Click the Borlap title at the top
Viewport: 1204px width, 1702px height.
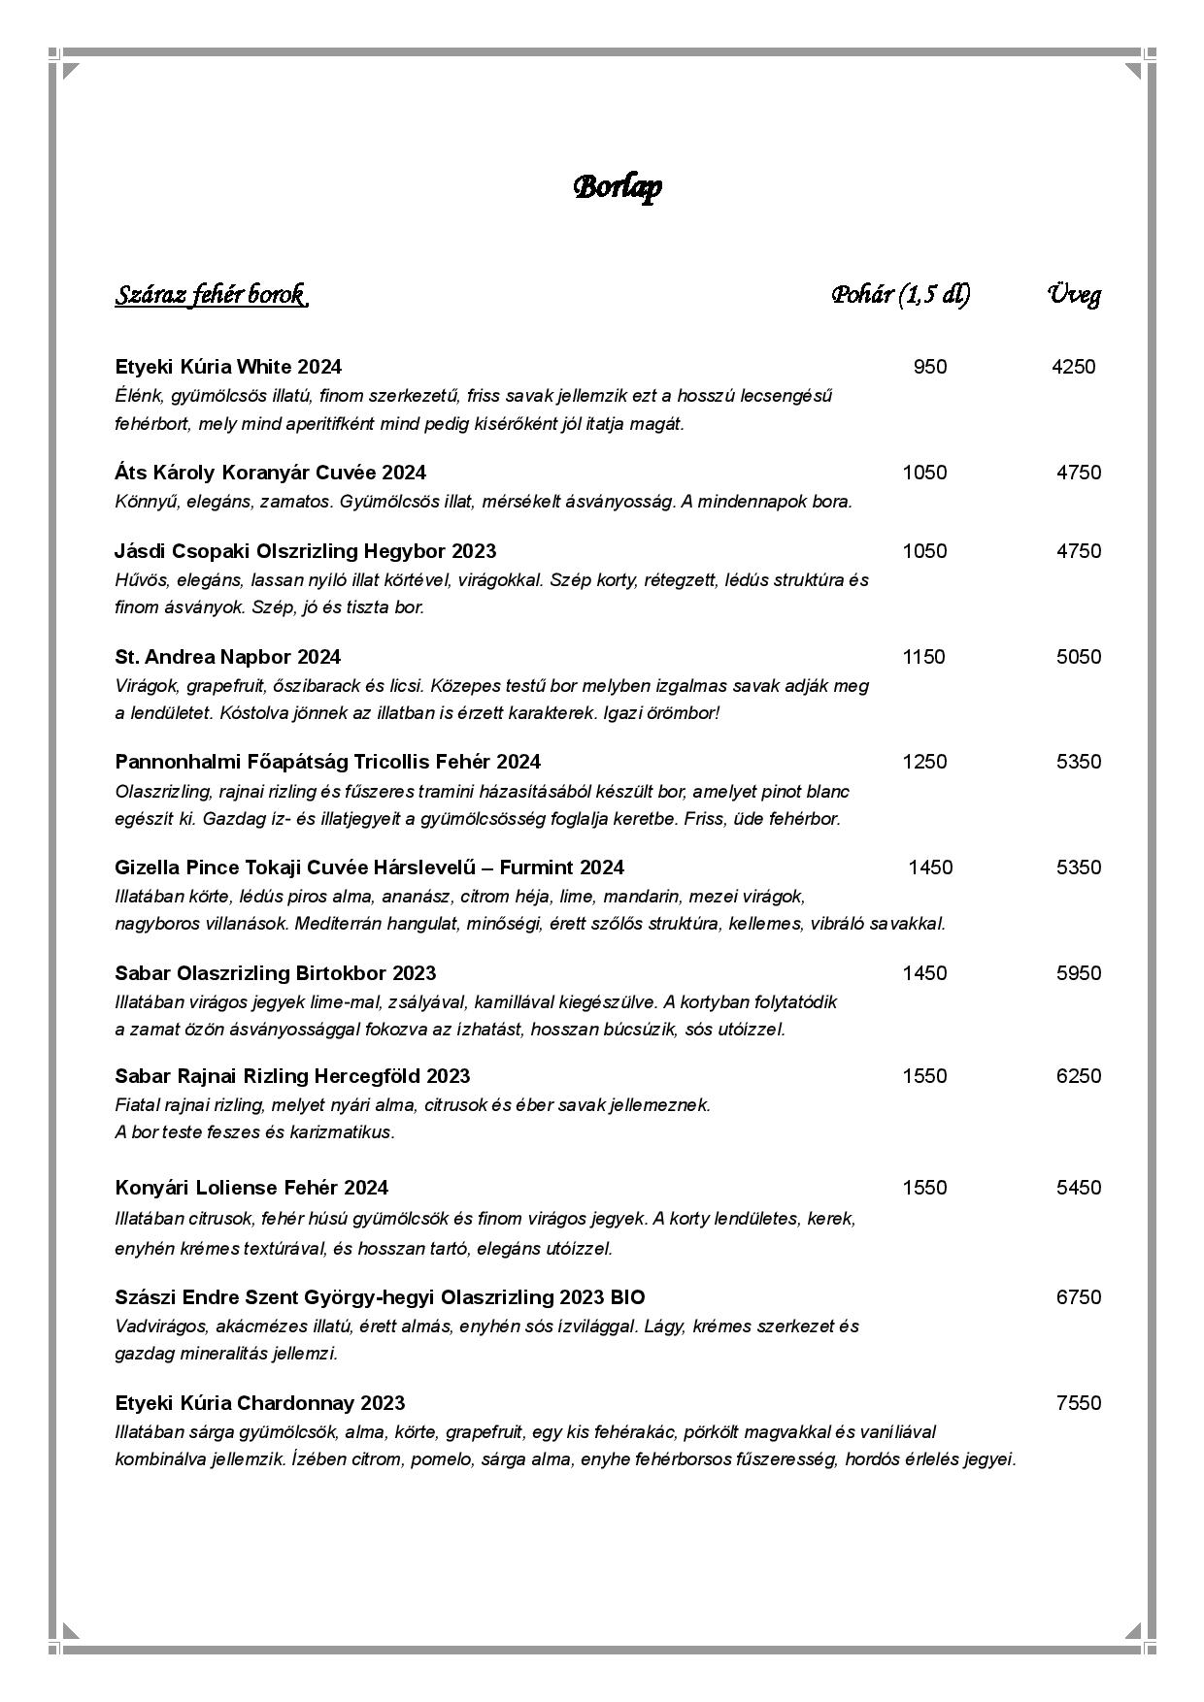(618, 186)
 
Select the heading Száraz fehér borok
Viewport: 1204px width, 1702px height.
(211, 295)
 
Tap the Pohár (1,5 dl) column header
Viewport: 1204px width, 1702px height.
(900, 295)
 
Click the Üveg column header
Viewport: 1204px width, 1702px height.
(1074, 295)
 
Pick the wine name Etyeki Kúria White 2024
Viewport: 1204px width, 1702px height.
(228, 367)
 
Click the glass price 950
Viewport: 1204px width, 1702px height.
(929, 367)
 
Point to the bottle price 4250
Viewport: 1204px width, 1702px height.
(1073, 367)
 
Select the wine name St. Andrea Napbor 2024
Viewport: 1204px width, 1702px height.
(228, 657)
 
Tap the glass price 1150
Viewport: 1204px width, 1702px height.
(923, 657)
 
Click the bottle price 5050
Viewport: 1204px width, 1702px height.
(1079, 657)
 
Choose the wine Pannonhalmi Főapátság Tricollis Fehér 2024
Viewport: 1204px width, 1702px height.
(327, 762)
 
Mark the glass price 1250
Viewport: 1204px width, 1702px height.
(924, 762)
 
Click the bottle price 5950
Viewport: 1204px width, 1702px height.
(1079, 973)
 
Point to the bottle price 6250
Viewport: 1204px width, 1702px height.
(1079, 1076)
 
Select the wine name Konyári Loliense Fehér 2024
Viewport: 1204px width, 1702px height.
(251, 1188)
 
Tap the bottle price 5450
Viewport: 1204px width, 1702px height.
(1079, 1188)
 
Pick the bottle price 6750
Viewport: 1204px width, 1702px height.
(1079, 1297)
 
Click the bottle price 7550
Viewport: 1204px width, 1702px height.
(1079, 1403)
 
